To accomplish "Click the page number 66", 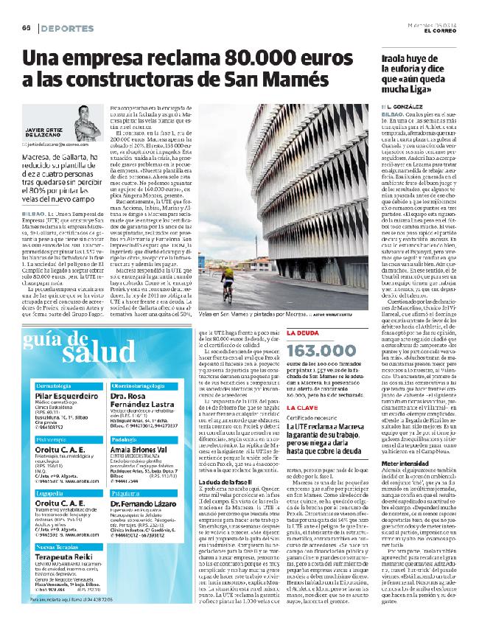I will point(24,28).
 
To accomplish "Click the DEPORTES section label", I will point(67,28).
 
